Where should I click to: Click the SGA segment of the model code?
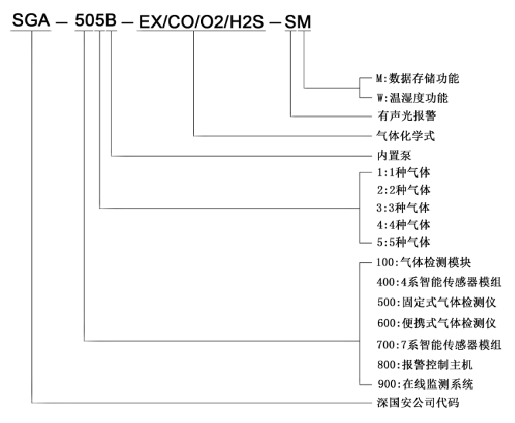(x=31, y=20)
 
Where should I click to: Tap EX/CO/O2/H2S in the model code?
(x=201, y=22)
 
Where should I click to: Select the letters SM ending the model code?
(x=298, y=22)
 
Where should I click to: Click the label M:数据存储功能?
(x=417, y=79)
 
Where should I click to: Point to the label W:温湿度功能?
(x=412, y=98)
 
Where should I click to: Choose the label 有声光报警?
(x=406, y=116)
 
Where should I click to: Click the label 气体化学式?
(x=406, y=136)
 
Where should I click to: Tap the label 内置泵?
(x=394, y=155)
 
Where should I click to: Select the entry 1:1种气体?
(x=404, y=172)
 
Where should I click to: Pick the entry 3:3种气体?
(x=403, y=208)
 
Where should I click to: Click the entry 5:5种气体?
(x=404, y=242)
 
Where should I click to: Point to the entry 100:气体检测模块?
(x=424, y=262)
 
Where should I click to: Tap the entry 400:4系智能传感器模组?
(x=439, y=282)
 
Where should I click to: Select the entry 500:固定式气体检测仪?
(x=436, y=302)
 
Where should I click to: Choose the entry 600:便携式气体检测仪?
(x=436, y=323)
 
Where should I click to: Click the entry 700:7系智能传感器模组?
(x=439, y=344)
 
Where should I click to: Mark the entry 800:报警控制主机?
(x=425, y=365)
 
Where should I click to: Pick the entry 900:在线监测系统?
(x=425, y=384)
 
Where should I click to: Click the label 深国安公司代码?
(x=418, y=403)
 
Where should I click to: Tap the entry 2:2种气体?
(x=404, y=189)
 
